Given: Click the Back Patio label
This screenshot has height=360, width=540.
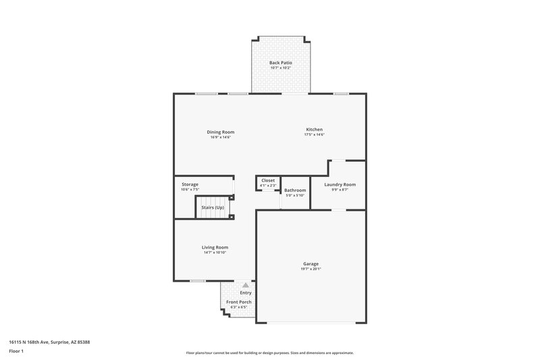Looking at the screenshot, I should click(281, 62).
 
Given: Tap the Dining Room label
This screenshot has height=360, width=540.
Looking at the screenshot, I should click(220, 131).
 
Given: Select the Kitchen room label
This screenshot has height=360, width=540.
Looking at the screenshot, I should click(314, 129).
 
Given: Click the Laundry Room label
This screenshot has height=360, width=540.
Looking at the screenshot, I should click(340, 184).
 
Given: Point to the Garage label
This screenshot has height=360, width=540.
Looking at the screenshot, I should click(310, 263).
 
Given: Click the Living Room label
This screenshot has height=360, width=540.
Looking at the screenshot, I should click(215, 247).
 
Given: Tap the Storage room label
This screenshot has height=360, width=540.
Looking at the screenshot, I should click(190, 184).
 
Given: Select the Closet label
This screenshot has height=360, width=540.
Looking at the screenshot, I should click(268, 180).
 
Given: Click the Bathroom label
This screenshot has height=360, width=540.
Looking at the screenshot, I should click(295, 190).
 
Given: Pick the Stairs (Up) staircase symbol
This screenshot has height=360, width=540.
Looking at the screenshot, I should click(213, 208).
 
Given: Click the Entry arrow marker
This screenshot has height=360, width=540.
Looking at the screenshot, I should click(246, 286).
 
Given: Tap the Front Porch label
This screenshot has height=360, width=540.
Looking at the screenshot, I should click(238, 302).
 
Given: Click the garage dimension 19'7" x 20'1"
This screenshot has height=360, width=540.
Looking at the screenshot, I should click(310, 269).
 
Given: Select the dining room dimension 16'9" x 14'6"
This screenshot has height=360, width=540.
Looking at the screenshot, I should click(220, 137).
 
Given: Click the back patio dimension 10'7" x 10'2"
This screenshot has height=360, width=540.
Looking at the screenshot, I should click(281, 68).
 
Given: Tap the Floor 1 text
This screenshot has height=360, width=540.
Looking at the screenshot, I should click(16, 352).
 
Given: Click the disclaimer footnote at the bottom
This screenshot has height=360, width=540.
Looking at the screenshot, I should click(269, 353).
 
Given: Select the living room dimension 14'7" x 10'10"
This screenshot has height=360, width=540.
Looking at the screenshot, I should click(215, 253).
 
